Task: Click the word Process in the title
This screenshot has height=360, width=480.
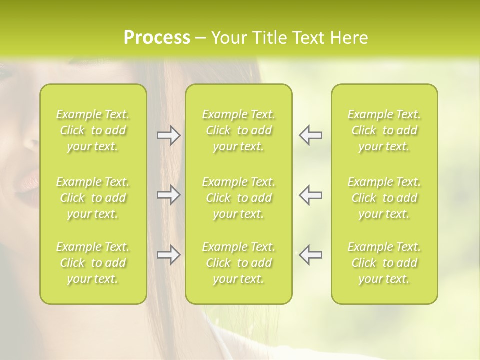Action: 157,38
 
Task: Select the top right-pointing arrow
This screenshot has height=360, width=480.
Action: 169,136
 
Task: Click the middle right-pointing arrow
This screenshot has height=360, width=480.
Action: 169,195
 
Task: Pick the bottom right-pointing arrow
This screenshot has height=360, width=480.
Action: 169,255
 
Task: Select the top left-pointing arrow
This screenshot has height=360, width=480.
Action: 310,136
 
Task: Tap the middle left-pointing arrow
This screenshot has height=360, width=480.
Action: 310,195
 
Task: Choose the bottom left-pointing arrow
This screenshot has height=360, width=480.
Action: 310,255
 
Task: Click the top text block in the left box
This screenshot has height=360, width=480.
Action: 93,130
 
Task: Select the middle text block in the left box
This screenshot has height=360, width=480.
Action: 93,198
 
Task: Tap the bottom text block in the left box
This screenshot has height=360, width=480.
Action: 93,263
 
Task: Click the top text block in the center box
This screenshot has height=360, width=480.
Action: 239,130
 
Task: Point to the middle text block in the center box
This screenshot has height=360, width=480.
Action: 239,198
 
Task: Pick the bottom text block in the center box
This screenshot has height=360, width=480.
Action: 239,263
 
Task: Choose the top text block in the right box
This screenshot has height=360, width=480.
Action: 384,130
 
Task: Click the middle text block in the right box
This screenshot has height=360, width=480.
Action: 384,198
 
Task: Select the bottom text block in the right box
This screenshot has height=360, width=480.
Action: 384,263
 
